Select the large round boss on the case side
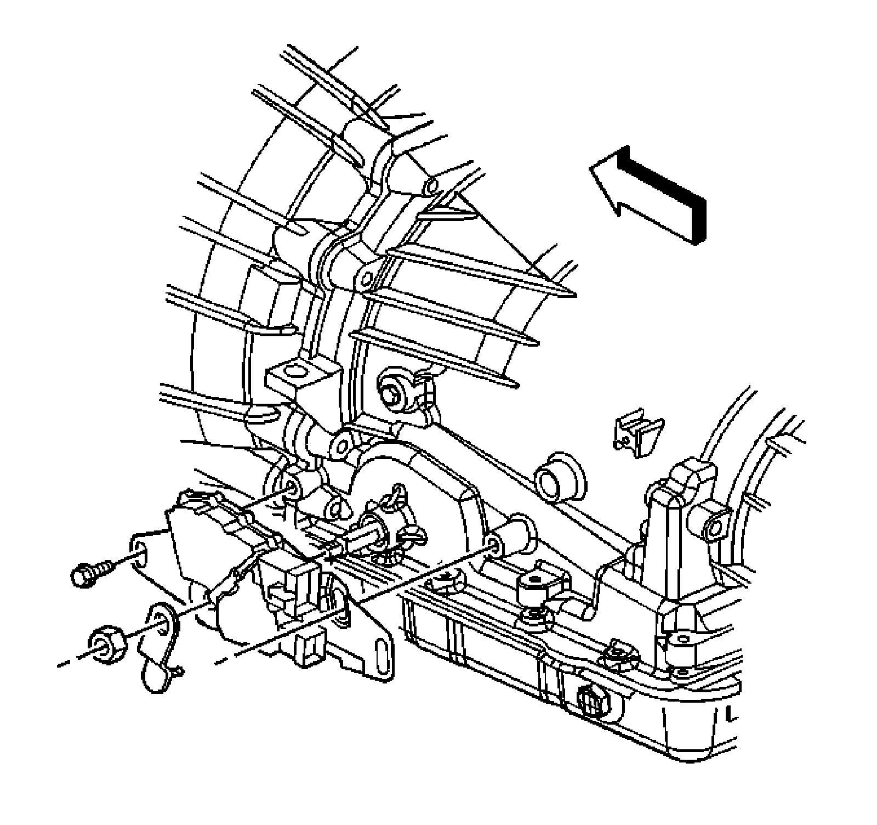click(x=560, y=475)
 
